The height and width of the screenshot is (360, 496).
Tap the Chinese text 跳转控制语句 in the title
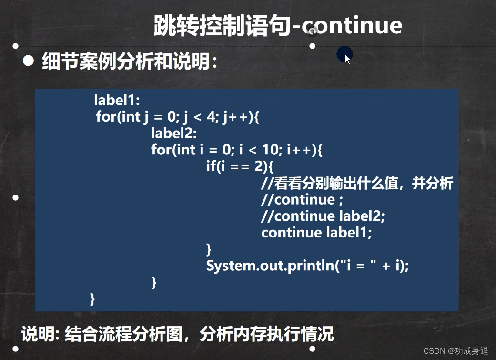[222, 26]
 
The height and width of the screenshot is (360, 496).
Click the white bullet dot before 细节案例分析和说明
[29, 61]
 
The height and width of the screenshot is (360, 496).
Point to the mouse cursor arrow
[347, 58]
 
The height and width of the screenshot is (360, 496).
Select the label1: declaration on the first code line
[117, 100]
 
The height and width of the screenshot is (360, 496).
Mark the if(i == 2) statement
[240, 166]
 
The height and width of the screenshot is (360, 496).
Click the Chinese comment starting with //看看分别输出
[357, 183]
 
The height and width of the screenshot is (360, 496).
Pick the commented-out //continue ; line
[302, 199]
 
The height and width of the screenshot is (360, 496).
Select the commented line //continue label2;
[323, 216]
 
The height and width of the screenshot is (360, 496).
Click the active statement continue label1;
[316, 233]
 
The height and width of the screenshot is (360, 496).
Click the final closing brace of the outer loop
[92, 299]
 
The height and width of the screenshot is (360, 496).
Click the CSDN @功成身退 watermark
[456, 350]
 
